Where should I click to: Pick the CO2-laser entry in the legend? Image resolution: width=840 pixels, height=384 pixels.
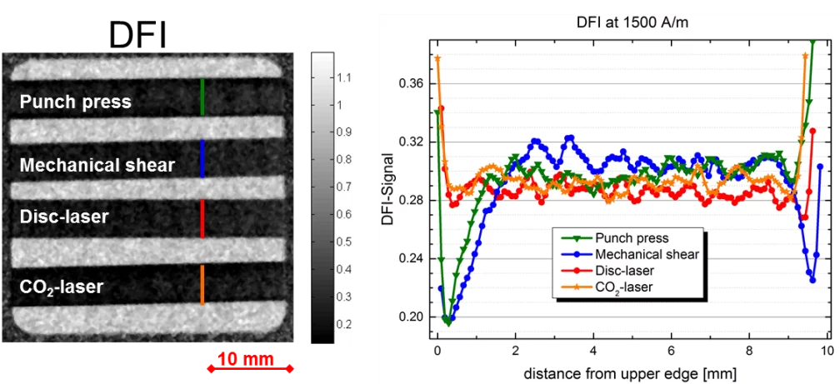625,287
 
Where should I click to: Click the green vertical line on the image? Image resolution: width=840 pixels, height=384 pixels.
202,97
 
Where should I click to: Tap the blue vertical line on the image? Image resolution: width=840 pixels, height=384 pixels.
202,158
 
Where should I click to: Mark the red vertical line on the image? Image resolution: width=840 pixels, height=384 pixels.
202,218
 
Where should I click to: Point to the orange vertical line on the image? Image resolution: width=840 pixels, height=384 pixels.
202,285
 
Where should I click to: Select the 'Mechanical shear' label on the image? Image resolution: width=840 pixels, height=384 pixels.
97,165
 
